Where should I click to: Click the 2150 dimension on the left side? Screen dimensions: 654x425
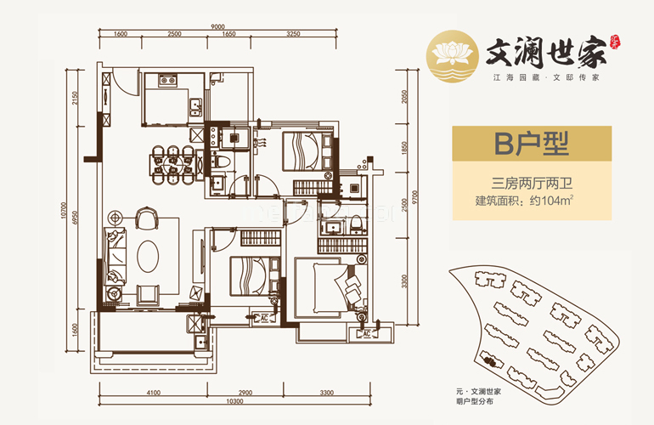tap(74, 99)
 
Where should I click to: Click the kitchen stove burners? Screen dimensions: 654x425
tap(166, 83)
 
